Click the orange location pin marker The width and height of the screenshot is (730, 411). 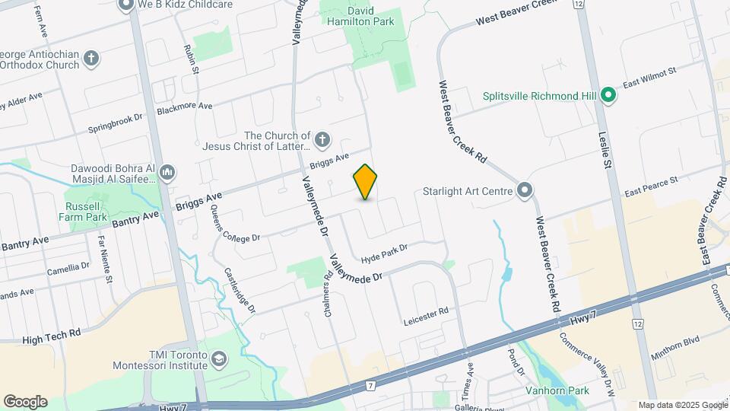click(x=365, y=182)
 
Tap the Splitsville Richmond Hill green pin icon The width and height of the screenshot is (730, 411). click(x=608, y=96)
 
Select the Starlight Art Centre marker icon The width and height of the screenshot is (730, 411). click(x=525, y=191)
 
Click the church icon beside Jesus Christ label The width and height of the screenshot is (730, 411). click(x=322, y=140)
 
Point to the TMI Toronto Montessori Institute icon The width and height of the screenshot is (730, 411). click(x=219, y=358)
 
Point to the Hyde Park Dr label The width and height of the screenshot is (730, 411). click(x=385, y=249)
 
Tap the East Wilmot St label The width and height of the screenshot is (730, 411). click(x=649, y=78)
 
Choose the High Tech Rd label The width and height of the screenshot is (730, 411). click(x=52, y=335)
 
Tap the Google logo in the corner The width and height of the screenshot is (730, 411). click(x=26, y=402)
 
